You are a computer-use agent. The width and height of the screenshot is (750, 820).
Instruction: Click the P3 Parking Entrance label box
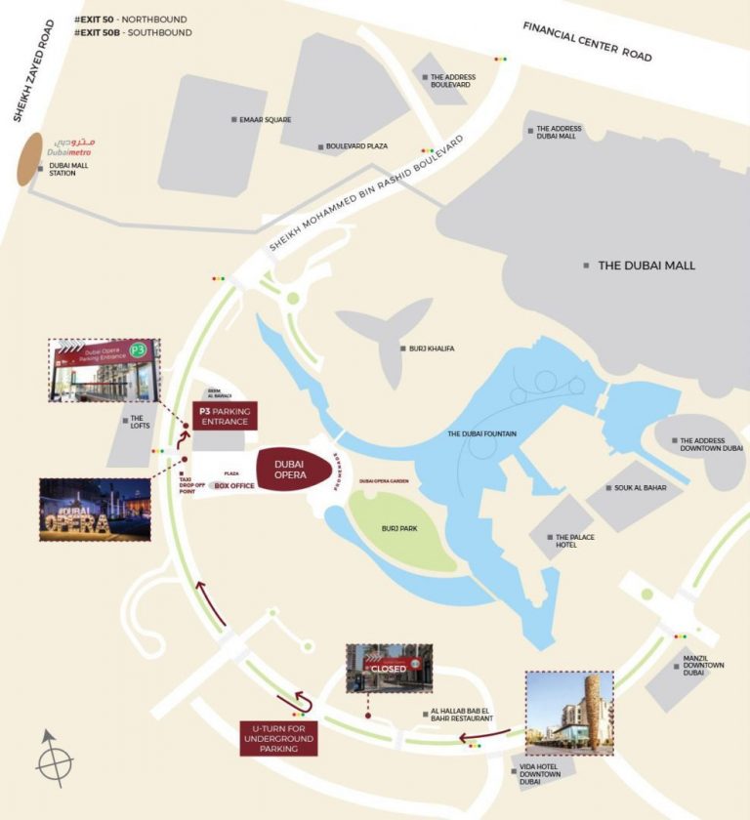225,417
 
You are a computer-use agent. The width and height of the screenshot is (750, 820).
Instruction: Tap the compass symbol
54,758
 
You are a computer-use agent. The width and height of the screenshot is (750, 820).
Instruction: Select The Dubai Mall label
646,265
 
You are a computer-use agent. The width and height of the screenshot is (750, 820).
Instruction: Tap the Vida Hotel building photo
568,714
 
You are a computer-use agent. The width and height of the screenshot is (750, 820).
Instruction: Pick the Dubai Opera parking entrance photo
101,370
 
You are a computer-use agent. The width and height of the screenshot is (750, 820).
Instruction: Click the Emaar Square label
266,119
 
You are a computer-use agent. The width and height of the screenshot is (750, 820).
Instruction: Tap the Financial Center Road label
587,41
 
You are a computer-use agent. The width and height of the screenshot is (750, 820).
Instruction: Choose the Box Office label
234,485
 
